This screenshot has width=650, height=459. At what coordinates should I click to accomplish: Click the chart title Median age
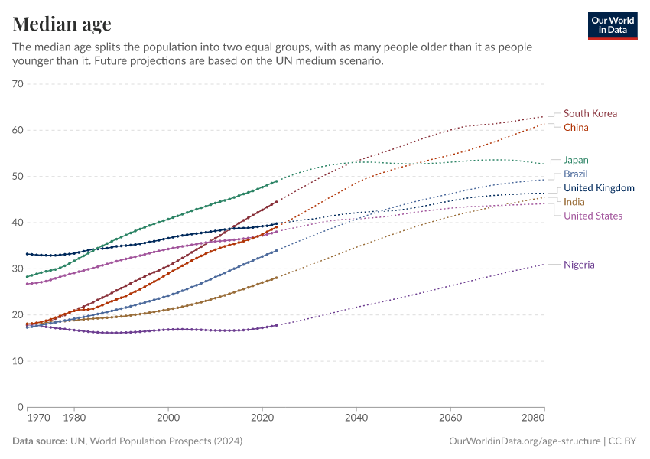tap(62, 24)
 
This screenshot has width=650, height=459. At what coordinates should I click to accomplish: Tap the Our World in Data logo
tap(612, 25)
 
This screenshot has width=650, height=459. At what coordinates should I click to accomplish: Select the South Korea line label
tap(590, 113)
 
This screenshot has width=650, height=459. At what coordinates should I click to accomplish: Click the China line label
tap(576, 127)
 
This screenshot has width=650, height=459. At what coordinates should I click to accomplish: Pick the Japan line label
tap(576, 160)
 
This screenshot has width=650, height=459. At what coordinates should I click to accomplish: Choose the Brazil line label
tap(576, 174)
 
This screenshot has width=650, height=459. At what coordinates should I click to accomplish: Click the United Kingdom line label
tap(599, 188)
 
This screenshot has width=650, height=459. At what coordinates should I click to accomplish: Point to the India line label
tap(574, 202)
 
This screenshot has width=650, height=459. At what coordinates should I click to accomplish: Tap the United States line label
tap(593, 216)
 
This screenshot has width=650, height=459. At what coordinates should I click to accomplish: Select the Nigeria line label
tap(579, 265)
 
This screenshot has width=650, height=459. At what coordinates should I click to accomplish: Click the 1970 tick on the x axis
tap(38, 418)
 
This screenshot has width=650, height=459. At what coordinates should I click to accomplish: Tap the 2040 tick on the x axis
tap(356, 418)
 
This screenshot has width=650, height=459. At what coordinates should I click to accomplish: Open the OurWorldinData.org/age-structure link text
tap(525, 441)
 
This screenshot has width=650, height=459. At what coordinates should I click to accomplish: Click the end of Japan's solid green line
tap(276, 181)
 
